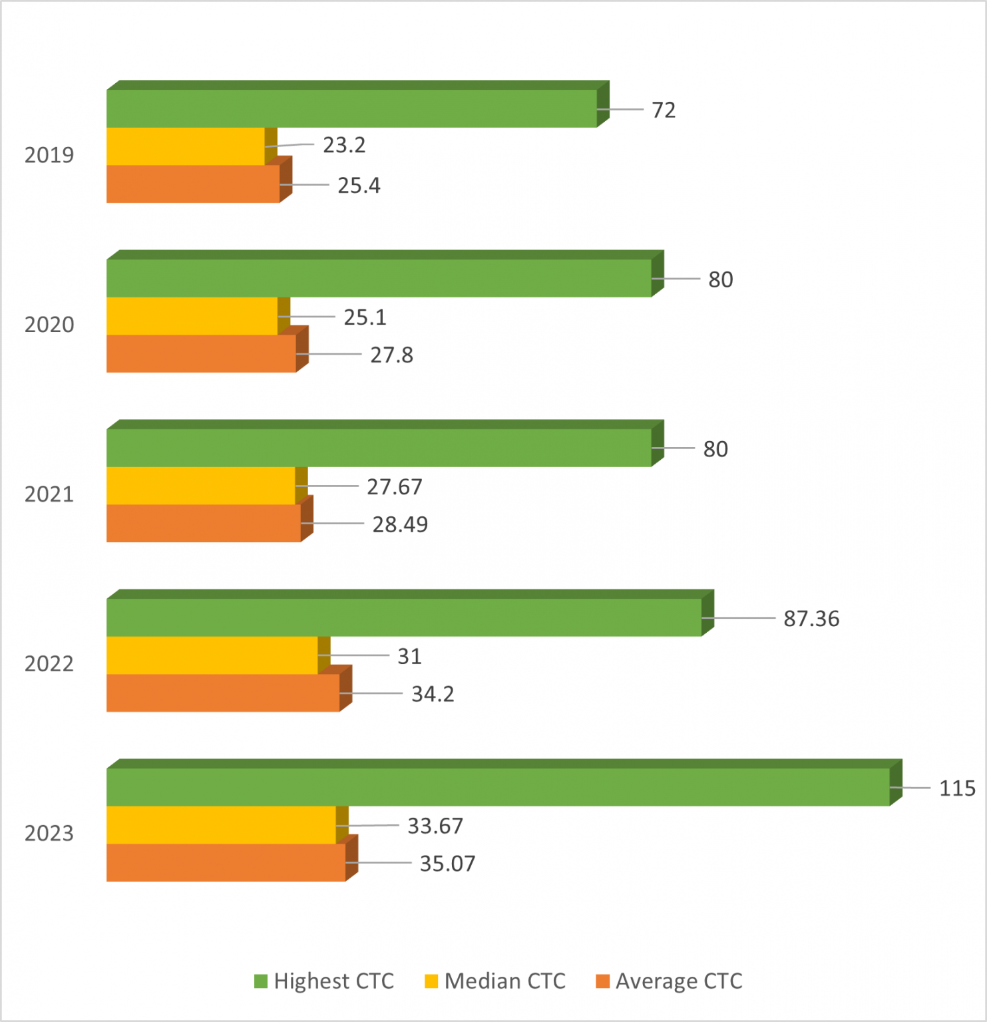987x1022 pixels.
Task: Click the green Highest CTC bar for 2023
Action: [x=498, y=787]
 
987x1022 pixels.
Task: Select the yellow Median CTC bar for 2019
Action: [x=186, y=146]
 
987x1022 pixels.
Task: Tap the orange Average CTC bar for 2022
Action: [x=223, y=693]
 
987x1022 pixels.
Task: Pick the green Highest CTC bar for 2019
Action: [x=351, y=108]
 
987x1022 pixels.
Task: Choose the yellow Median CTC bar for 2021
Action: [x=201, y=486]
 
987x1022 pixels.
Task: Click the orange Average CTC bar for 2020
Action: [x=201, y=353]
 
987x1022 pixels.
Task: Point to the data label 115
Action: [x=957, y=788]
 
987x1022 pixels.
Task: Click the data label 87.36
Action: [x=811, y=619]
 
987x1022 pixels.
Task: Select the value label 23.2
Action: [x=344, y=145]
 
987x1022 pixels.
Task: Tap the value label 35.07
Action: [x=447, y=864]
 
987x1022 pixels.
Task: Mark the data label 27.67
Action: [x=395, y=487]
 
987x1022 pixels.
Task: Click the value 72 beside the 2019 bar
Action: [x=664, y=110]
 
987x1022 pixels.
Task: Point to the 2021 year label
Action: [x=49, y=494]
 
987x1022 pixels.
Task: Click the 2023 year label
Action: [x=49, y=834]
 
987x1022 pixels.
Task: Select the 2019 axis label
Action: [x=49, y=155]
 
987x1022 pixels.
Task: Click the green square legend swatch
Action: [x=261, y=981]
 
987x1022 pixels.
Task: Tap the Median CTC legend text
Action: [x=504, y=981]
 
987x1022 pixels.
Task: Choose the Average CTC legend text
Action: [x=679, y=981]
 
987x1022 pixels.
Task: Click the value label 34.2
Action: [x=433, y=694]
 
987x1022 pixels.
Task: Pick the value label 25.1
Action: [x=365, y=317]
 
